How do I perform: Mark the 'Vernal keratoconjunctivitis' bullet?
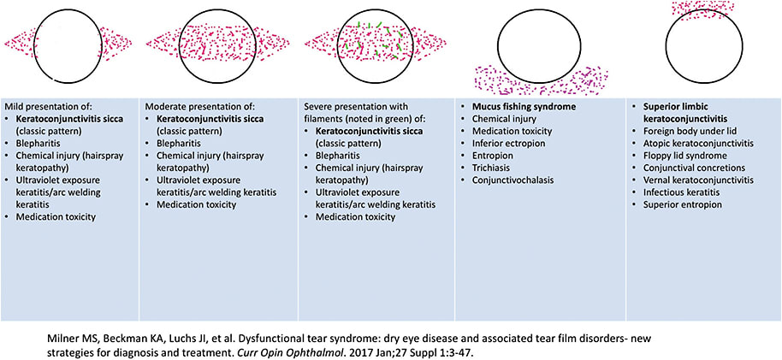[x=703, y=180]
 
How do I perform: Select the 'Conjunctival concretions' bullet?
[x=697, y=168]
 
